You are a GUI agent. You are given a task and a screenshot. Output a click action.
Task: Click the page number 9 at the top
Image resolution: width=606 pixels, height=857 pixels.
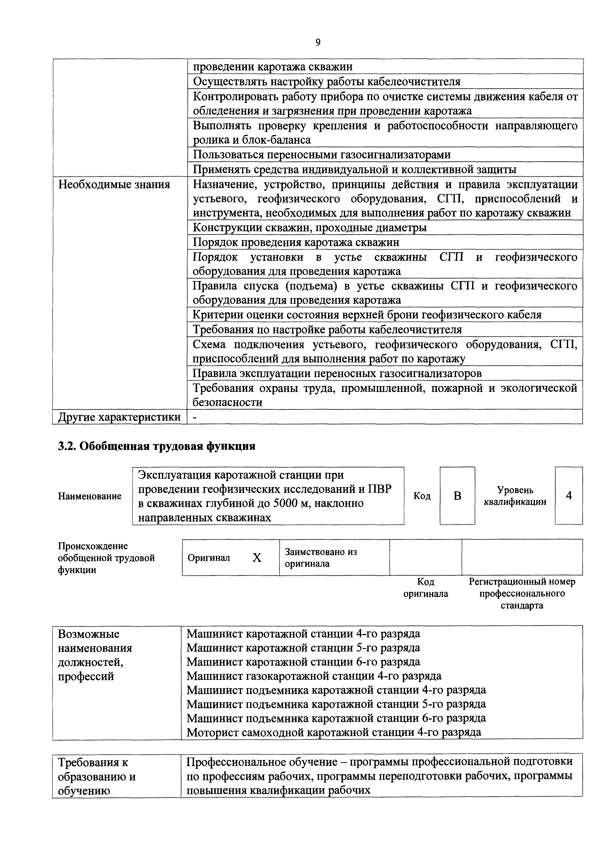[x=318, y=43]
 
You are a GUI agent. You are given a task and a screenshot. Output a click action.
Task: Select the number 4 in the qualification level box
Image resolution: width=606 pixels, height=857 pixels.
[x=569, y=496]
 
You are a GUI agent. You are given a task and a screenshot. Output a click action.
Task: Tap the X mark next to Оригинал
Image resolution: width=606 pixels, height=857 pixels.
[x=257, y=558]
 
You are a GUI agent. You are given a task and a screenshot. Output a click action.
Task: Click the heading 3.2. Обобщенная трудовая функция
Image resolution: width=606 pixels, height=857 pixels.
[x=157, y=446]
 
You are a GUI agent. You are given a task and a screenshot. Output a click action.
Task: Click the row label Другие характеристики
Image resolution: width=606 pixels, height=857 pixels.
[x=119, y=417]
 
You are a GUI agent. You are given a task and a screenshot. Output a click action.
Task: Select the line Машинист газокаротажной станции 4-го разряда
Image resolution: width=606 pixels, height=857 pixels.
[x=314, y=676]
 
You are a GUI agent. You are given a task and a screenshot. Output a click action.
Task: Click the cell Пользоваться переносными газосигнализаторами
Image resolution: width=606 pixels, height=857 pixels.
[x=322, y=154]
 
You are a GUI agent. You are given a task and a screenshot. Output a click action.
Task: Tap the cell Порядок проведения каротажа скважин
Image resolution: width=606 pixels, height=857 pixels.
[x=296, y=242]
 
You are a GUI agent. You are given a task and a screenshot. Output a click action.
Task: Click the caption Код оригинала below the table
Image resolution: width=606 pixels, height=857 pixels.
[x=425, y=588]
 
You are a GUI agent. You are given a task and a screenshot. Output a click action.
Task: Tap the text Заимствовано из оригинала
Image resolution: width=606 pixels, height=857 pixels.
[x=321, y=558]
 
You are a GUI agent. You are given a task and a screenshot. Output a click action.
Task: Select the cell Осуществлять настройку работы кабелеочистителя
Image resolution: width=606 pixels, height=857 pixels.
[x=327, y=81]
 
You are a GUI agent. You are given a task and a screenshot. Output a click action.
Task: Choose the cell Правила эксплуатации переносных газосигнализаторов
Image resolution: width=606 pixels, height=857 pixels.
[x=337, y=373]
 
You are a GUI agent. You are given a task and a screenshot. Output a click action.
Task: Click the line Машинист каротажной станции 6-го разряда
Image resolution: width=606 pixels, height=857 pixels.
[x=303, y=662]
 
